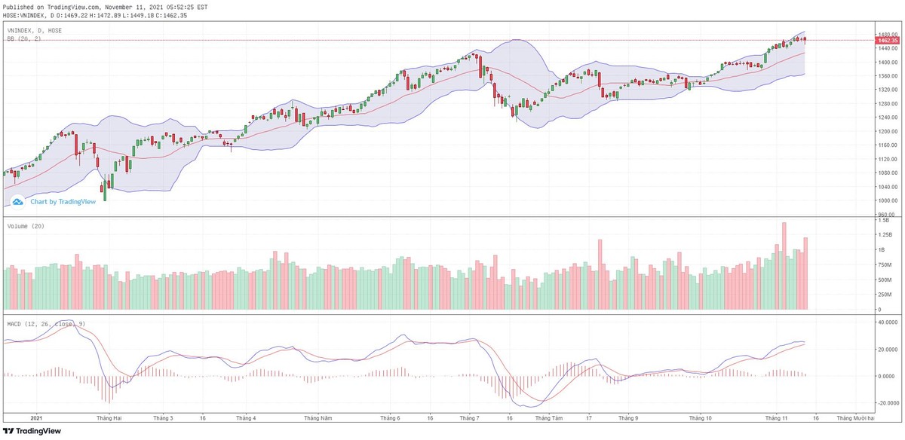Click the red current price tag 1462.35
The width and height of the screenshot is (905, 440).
tap(887, 40)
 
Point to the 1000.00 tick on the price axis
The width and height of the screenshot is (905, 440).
tap(887, 201)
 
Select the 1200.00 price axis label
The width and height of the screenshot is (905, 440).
tap(887, 131)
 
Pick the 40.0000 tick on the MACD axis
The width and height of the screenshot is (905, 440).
tap(886, 322)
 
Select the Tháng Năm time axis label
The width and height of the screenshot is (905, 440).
tap(318, 417)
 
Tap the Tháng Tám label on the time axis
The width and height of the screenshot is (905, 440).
tap(552, 417)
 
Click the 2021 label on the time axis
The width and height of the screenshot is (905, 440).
tap(35, 417)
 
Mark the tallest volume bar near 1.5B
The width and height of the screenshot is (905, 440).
tap(784, 265)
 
